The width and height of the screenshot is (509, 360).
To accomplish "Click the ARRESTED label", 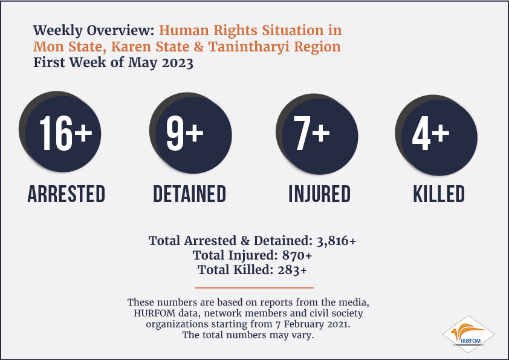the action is point(66,194).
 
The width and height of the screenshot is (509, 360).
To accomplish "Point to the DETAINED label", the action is point(190,194).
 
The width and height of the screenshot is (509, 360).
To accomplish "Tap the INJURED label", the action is point(320,194).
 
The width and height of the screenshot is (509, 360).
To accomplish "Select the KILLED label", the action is point(439,194).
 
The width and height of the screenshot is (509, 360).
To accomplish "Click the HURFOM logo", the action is point(468,335).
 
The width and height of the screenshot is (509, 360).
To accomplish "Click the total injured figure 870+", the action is point(297,255).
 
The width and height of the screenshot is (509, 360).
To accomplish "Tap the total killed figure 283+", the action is point(292,270).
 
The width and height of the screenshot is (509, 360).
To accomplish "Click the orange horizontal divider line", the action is point(254,287).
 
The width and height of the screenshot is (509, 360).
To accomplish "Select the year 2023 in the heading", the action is point(178,63).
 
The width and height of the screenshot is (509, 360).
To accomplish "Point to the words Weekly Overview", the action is point(94,30).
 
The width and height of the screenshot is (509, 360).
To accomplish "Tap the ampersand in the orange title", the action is point(199,47).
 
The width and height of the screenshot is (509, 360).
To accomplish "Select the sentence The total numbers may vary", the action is point(248,335).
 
